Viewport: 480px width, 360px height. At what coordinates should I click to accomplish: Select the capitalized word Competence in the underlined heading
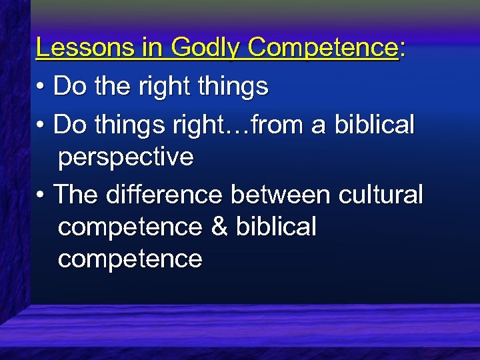point(323,47)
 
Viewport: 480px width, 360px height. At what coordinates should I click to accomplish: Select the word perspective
point(126,158)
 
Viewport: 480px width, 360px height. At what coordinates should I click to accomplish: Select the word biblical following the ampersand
point(275,227)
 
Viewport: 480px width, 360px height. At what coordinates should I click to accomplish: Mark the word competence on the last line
point(130,259)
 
